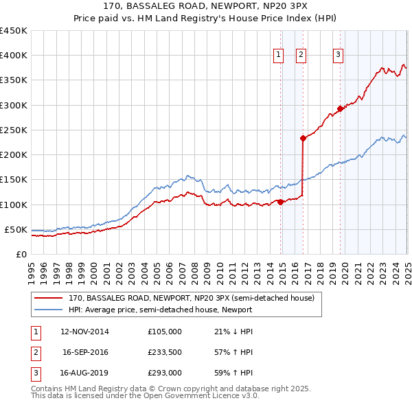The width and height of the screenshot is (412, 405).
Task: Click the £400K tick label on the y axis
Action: click(x=14, y=56)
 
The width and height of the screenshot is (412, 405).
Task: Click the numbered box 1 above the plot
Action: click(x=279, y=56)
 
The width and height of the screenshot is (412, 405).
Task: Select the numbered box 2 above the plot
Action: click(x=301, y=56)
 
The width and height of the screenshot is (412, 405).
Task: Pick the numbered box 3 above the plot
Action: click(x=339, y=56)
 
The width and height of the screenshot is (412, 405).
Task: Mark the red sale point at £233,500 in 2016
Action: click(x=303, y=138)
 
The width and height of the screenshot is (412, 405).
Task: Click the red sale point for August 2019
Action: click(x=340, y=108)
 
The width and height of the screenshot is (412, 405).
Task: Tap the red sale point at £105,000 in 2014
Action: click(x=280, y=202)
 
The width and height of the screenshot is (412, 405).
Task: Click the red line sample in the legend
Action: click(x=48, y=299)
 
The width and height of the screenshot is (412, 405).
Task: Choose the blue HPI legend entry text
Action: click(x=160, y=310)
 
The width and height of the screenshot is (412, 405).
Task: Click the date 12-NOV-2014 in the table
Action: click(x=84, y=332)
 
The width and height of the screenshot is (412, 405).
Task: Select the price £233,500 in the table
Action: click(x=165, y=353)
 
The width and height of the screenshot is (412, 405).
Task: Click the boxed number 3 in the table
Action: click(x=35, y=374)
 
